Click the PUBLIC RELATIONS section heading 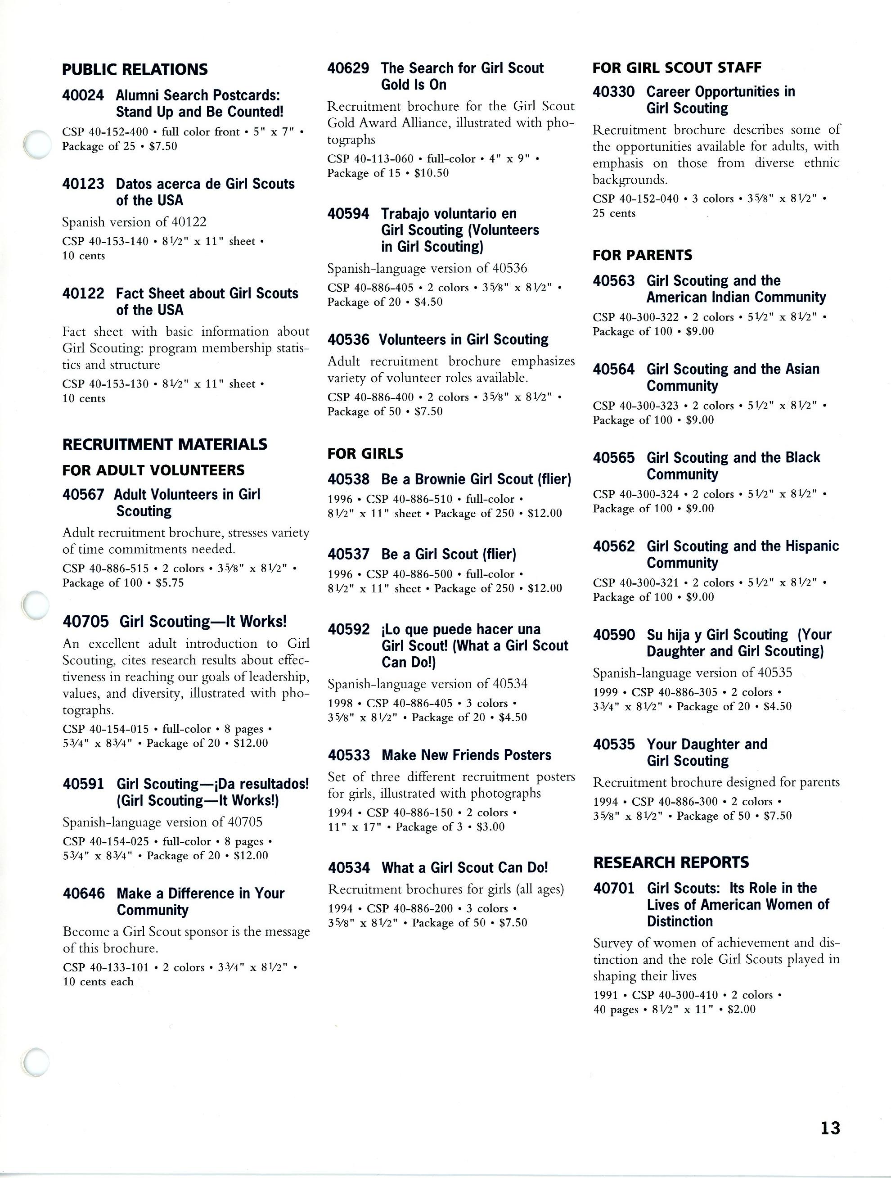click(x=135, y=69)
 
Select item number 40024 click(x=83, y=95)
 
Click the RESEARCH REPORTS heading click(x=670, y=862)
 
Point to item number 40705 click(x=85, y=622)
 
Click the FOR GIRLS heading click(x=365, y=454)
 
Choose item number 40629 click(x=348, y=68)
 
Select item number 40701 click(x=614, y=888)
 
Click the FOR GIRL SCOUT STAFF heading click(x=676, y=68)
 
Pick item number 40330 click(x=614, y=91)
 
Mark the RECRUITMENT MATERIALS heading click(x=164, y=444)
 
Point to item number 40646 click(x=84, y=893)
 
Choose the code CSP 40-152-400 click(x=105, y=131)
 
